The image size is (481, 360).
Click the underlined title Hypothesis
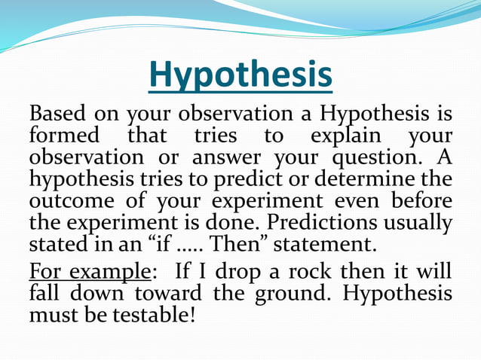(x=240, y=75)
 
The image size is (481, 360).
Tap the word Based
(x=57, y=115)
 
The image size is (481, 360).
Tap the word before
(x=421, y=203)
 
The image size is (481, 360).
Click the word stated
(x=57, y=246)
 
